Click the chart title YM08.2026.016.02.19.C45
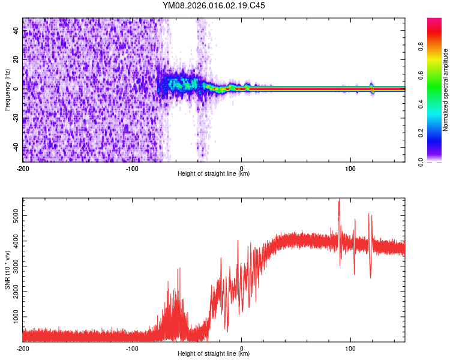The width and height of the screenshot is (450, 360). tap(214, 6)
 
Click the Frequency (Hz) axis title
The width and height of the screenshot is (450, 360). tap(7, 89)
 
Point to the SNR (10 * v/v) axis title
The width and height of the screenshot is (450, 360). tap(7, 270)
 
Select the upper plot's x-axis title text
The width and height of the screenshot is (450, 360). tap(214, 174)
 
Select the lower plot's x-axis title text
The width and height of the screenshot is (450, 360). tap(214, 354)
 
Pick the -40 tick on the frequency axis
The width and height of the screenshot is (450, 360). tap(15, 147)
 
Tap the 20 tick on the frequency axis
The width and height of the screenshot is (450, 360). tap(16, 59)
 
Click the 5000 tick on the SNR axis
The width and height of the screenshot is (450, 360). tap(12, 214)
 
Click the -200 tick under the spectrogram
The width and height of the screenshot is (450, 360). tap(23, 167)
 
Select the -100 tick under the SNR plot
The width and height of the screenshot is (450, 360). tap(132, 348)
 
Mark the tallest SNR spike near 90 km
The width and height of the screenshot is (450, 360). tap(339, 202)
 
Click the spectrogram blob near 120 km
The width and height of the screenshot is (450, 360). tap(372, 89)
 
